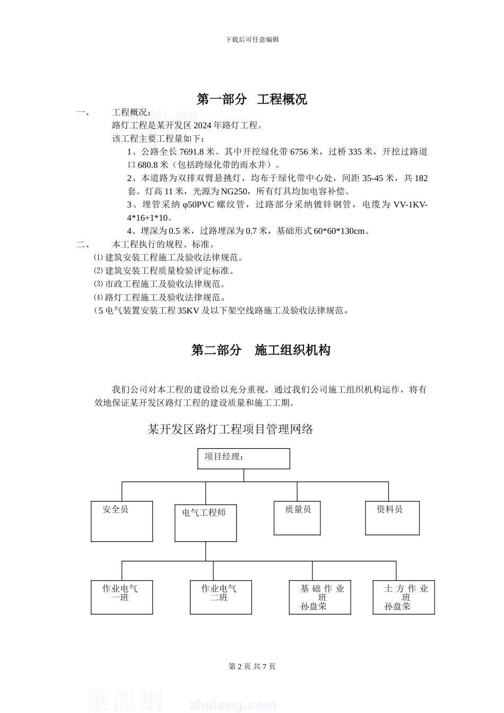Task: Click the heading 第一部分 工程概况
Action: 251,99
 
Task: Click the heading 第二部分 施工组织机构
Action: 260,350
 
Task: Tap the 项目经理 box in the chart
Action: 244,458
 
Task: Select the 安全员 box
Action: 121,521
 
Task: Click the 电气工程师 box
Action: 205,523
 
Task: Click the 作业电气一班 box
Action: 121,597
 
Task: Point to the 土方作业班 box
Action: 403,597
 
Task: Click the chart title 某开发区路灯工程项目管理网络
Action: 230,429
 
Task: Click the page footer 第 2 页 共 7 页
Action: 252,666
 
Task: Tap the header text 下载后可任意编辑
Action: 252,39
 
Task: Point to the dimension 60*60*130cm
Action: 340,231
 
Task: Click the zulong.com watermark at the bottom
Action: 232,705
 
